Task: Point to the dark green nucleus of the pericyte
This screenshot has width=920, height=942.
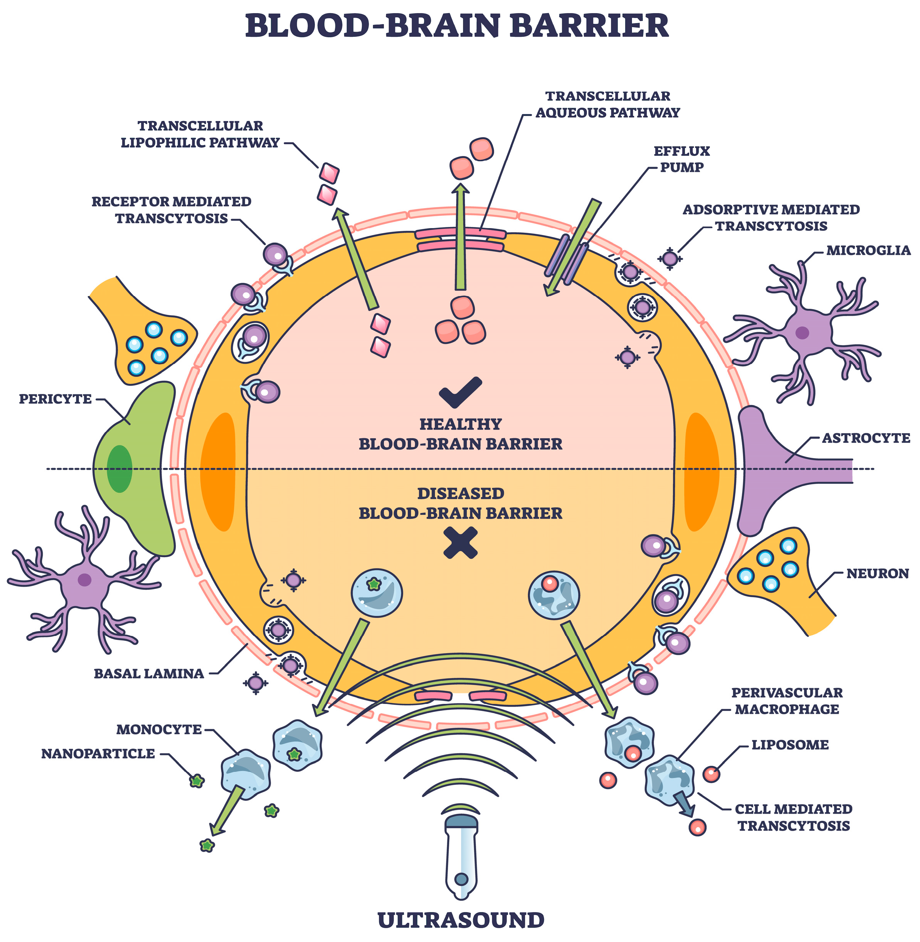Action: tap(119, 469)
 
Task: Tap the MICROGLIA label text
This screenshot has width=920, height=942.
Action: tap(868, 250)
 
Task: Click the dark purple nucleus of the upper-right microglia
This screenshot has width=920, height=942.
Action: tap(802, 332)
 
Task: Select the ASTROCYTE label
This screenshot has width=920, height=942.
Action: tap(865, 438)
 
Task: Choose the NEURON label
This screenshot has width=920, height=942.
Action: tap(877, 573)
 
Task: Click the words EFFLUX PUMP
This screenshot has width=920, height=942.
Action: tap(681, 159)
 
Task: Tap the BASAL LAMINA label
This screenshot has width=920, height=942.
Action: tap(149, 673)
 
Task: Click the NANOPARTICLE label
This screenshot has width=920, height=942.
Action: tap(98, 753)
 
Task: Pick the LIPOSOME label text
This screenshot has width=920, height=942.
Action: tap(789, 745)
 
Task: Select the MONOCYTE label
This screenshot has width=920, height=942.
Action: tap(159, 729)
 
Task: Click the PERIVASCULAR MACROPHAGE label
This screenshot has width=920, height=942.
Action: tap(787, 701)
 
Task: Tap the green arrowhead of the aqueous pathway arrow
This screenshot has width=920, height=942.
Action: tap(460, 189)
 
